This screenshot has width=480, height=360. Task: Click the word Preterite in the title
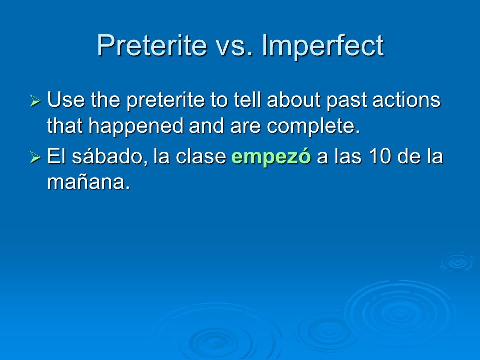pos(152,45)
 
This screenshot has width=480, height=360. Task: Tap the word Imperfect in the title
pos(323,46)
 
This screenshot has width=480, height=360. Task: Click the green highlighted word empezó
pos(271,157)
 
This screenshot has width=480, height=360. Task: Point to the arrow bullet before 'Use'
pos(35,100)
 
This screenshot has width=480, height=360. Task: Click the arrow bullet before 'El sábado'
pos(35,157)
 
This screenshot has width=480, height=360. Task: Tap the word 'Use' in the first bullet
pos(66,100)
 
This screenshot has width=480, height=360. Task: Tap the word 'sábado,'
pos(110,156)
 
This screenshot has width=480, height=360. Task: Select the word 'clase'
pos(201,156)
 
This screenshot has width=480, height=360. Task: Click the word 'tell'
pos(247,100)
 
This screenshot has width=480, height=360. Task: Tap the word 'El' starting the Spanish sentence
pos(57,156)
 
